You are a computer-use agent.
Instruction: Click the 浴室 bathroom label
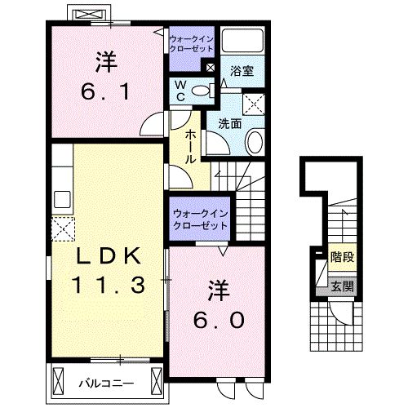pos(242,70)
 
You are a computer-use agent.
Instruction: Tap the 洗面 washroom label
pos(229,124)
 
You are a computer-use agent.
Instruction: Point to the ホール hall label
pos(190,148)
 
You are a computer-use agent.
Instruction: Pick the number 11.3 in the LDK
pos(108,286)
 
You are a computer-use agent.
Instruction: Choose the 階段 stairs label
pos(342,258)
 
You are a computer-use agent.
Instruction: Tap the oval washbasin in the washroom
pos(254,142)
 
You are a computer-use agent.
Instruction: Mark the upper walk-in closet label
pos(190,42)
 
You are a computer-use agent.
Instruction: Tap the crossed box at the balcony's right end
pos(156,379)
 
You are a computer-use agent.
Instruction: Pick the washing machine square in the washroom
pos(253,104)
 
